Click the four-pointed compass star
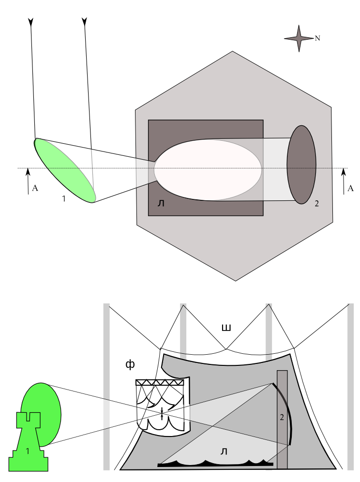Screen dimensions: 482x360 pyautogui.click(x=299, y=38)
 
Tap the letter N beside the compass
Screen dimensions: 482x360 pyautogui.click(x=317, y=38)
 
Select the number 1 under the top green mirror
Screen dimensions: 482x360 pyautogui.click(x=63, y=198)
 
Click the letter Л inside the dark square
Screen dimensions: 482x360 pyautogui.click(x=161, y=204)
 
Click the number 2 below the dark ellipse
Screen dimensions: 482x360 pyautogui.click(x=316, y=204)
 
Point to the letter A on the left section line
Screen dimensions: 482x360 pyautogui.click(x=35, y=188)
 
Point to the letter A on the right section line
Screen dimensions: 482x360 pyautogui.click(x=351, y=188)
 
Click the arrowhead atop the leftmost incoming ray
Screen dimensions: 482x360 pyautogui.click(x=31, y=21)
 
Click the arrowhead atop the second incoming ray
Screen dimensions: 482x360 pyautogui.click(x=85, y=21)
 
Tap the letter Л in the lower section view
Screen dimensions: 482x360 pyautogui.click(x=224, y=452)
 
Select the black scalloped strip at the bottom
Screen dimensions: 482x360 pyautogui.click(x=215, y=464)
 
